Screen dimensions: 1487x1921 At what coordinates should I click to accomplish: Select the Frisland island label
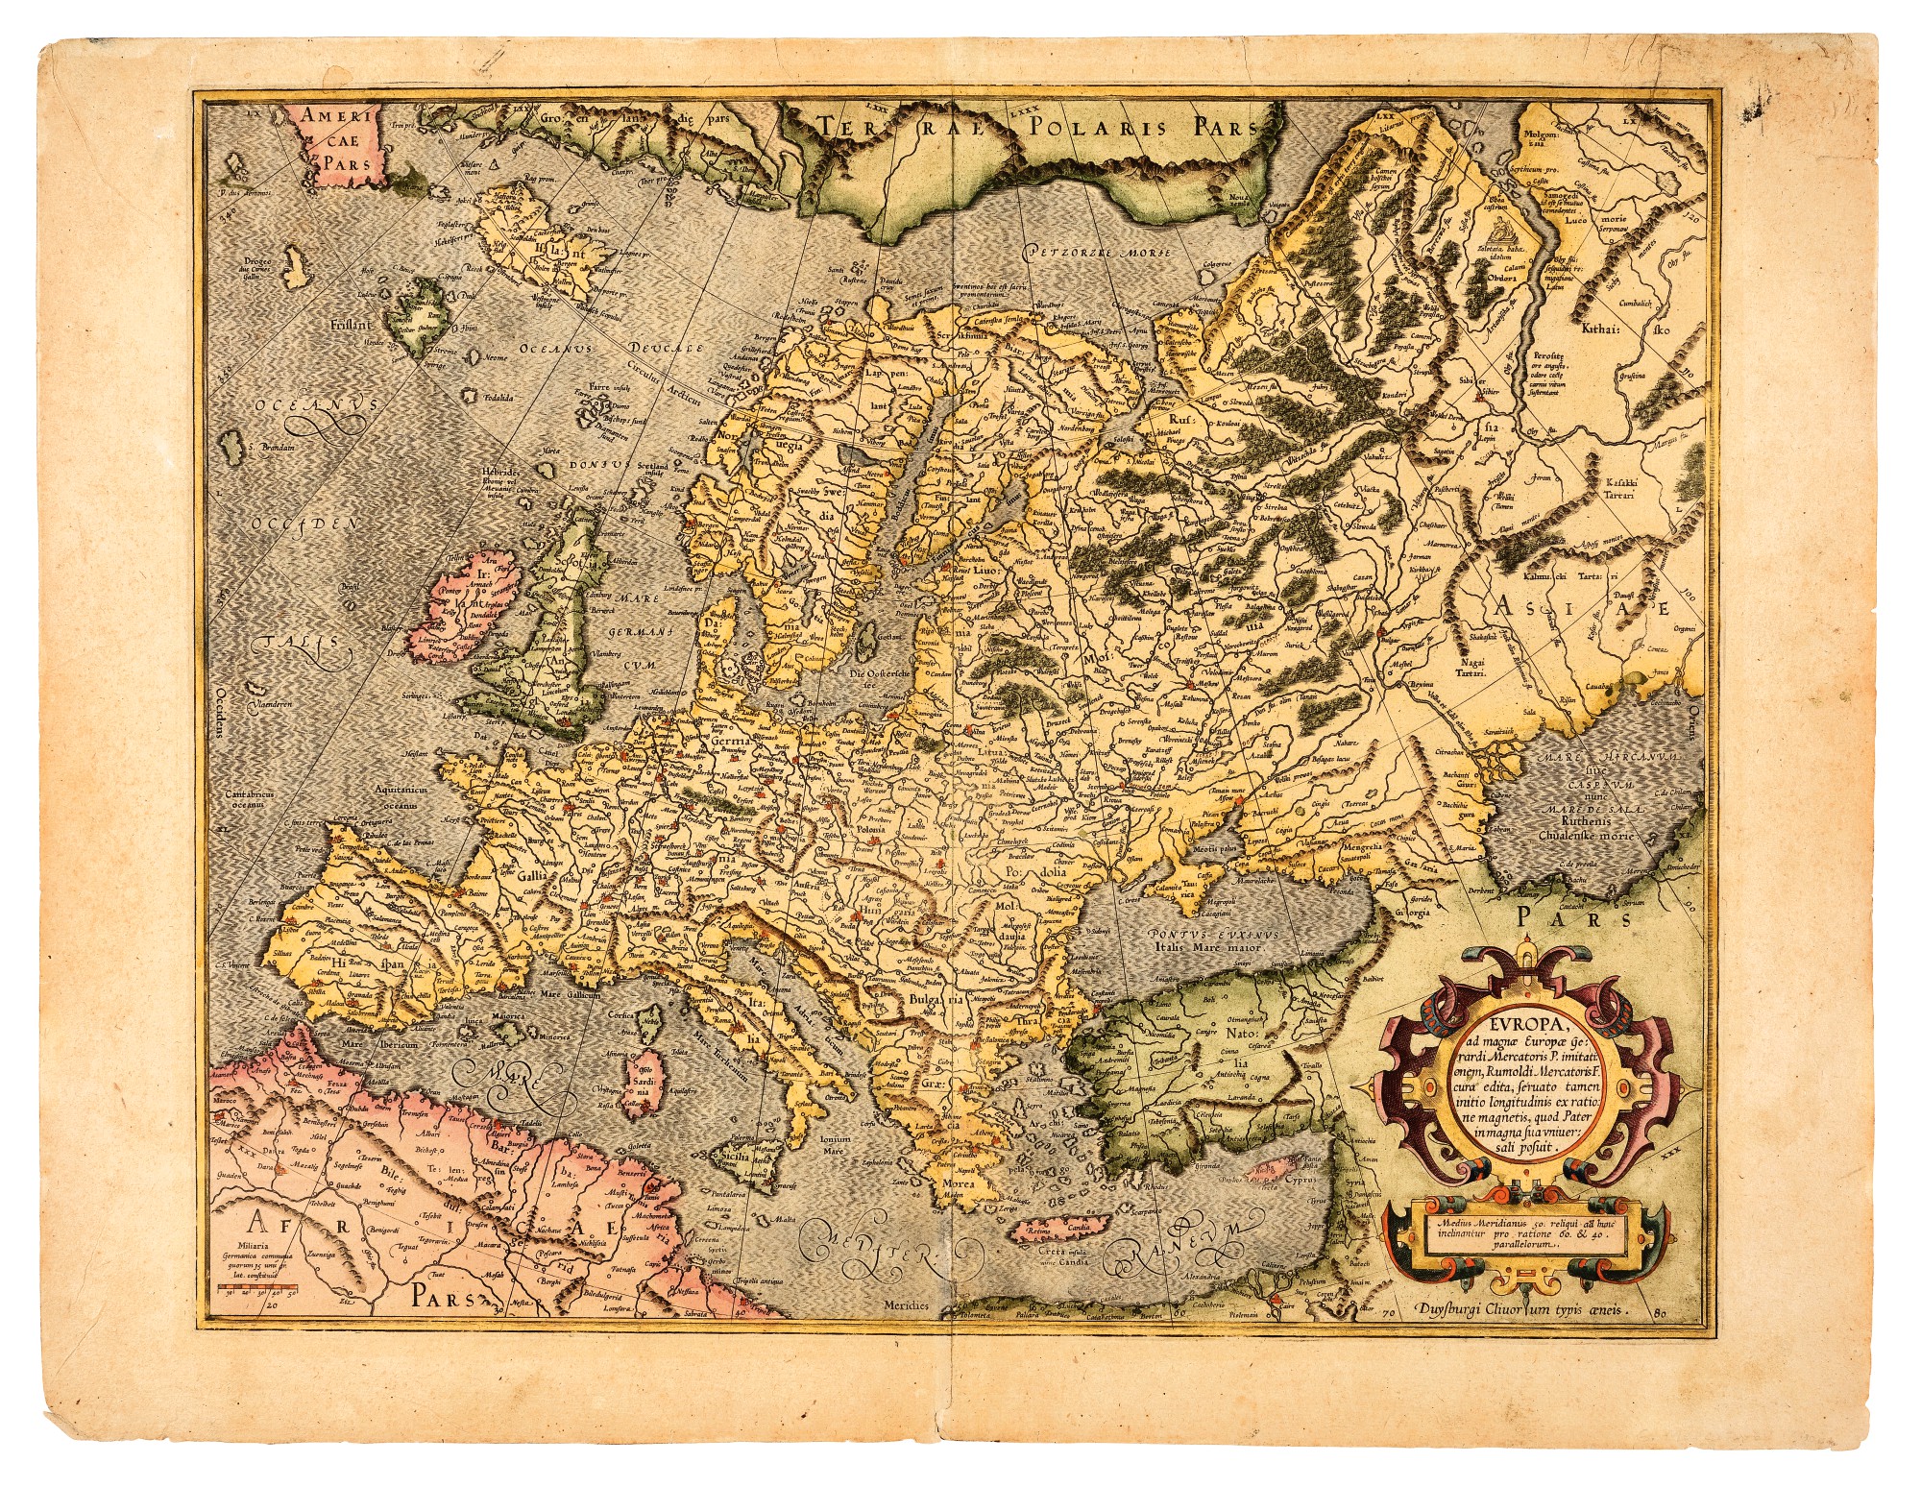coord(351,325)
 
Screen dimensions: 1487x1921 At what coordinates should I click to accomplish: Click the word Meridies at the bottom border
coord(908,1306)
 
